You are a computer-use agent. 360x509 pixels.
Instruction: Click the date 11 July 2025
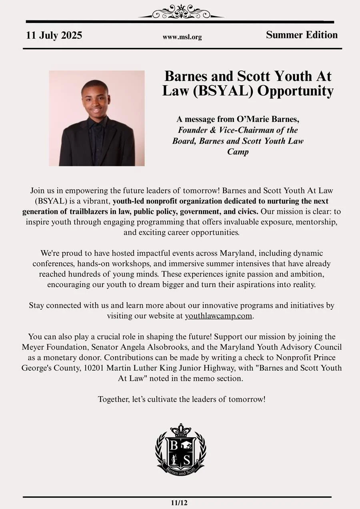pyautogui.click(x=54, y=35)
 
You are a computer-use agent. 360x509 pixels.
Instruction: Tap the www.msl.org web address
pyautogui.click(x=182, y=37)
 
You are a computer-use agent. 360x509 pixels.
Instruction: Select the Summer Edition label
pyautogui.click(x=302, y=35)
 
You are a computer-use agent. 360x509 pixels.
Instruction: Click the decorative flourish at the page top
pyautogui.click(x=181, y=12)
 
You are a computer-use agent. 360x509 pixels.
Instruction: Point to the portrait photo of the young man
pyautogui.click(x=97, y=118)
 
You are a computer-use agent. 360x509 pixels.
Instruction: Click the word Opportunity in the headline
pyautogui.click(x=295, y=91)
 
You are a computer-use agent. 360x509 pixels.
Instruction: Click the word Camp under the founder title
pyautogui.click(x=238, y=152)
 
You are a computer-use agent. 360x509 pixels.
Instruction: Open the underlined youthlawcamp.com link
pyautogui.click(x=218, y=315)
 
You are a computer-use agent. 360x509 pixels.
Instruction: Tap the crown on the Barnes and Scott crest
pyautogui.click(x=181, y=430)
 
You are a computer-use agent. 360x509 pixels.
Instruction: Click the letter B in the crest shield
pyautogui.click(x=174, y=445)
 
